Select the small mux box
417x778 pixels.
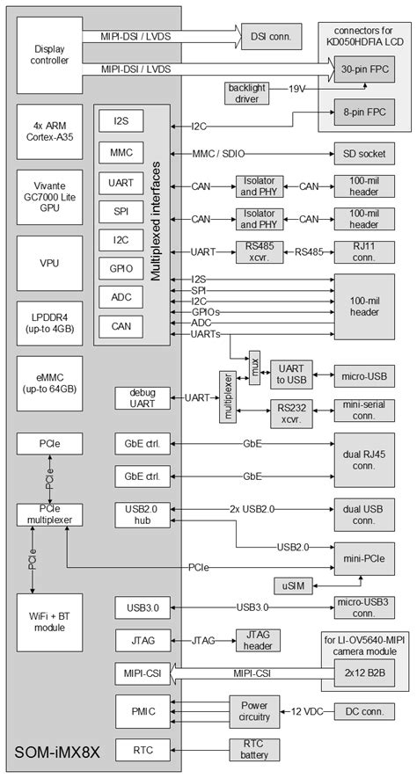click(x=254, y=363)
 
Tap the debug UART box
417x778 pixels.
click(x=141, y=397)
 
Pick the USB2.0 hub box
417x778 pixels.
click(x=141, y=515)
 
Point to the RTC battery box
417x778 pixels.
click(x=253, y=750)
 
